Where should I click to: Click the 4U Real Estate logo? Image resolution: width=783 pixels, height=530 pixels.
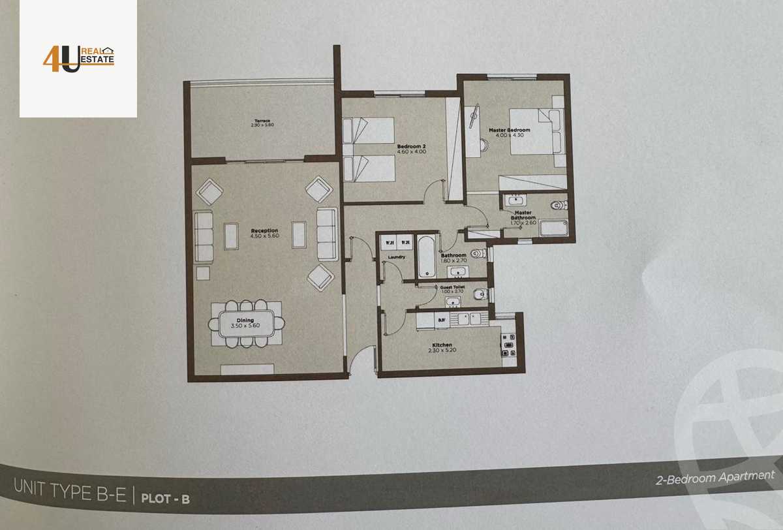point(78,58)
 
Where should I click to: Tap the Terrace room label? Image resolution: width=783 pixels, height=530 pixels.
point(262,121)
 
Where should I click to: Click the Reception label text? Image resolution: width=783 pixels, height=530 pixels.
point(264,230)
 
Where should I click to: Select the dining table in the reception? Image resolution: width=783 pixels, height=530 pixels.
point(246,322)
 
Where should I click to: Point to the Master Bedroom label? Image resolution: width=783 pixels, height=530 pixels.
point(509,131)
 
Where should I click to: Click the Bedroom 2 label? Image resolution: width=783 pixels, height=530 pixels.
point(410,146)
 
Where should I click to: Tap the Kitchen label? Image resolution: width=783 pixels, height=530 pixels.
point(442,345)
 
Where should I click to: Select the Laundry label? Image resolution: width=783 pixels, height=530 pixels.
point(396,257)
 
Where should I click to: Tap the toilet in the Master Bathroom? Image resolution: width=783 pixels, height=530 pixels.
point(559,205)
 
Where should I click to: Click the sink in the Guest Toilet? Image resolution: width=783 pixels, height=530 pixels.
point(453,302)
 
